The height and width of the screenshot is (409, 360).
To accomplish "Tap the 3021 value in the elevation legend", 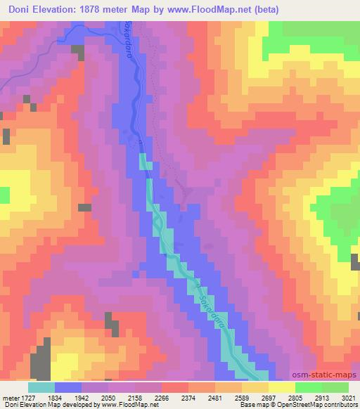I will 348,397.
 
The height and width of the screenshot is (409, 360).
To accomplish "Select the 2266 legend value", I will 169,397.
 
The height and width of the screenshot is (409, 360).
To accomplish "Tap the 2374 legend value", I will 195,397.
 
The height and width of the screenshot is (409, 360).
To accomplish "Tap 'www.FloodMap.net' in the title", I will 209,9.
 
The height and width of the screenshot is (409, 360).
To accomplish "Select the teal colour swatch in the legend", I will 41,387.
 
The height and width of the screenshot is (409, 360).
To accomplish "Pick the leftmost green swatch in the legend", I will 308,387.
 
